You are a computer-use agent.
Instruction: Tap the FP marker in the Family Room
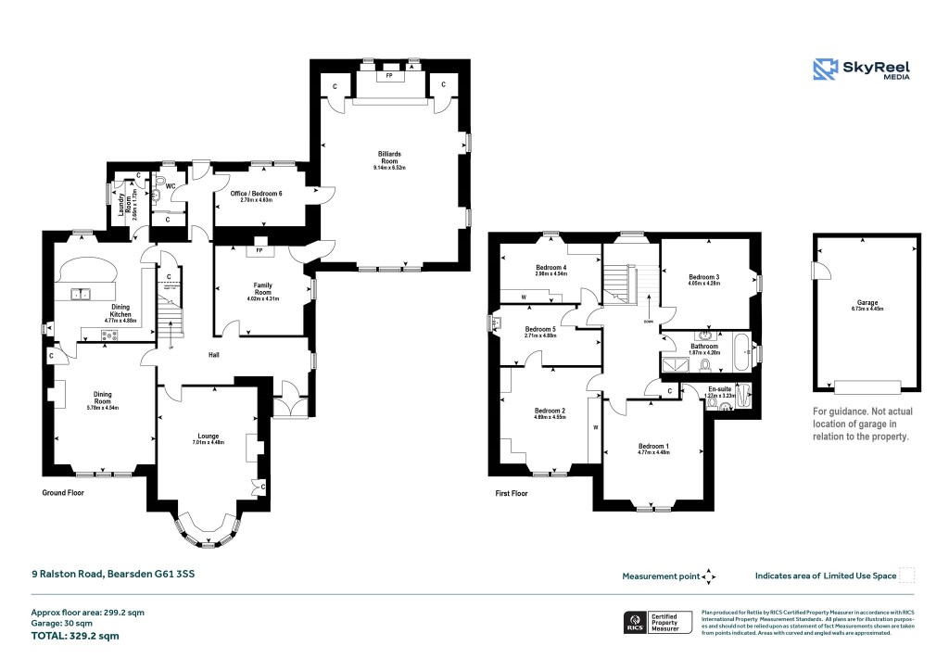click(259, 250)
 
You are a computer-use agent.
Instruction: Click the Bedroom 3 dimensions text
click(704, 284)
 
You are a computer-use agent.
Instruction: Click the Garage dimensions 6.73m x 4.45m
click(867, 310)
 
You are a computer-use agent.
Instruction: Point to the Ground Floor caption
click(63, 493)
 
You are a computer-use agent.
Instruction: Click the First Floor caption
click(511, 494)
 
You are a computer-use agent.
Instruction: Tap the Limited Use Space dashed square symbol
click(907, 576)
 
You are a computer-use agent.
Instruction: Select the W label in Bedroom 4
click(525, 297)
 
